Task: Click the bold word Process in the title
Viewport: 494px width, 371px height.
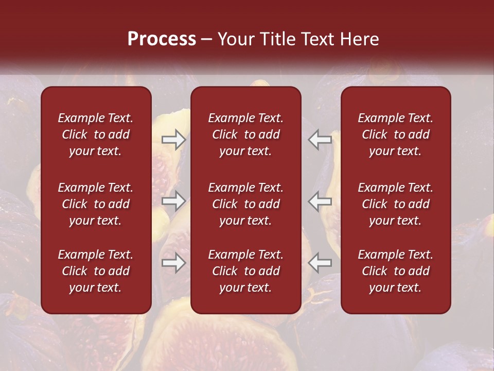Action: click(x=162, y=39)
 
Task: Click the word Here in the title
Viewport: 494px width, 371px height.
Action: click(x=360, y=39)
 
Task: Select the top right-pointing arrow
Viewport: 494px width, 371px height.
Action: click(x=174, y=140)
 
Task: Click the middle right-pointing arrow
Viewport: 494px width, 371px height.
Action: click(x=174, y=201)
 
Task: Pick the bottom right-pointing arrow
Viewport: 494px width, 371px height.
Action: click(x=174, y=263)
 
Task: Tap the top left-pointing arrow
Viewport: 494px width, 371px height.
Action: click(x=320, y=140)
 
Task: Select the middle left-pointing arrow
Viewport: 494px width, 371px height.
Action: click(x=320, y=201)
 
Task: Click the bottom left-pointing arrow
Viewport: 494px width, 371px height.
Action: click(x=320, y=263)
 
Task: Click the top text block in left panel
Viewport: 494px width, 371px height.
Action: click(x=96, y=134)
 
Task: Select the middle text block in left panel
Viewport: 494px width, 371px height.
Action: click(x=96, y=204)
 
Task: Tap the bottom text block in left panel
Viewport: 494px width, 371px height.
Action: click(x=96, y=271)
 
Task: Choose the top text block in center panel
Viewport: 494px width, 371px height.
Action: click(x=245, y=134)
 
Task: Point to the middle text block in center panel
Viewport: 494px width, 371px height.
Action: click(x=245, y=204)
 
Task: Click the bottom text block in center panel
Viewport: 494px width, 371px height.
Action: click(x=245, y=271)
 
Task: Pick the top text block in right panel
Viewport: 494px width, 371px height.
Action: click(x=395, y=134)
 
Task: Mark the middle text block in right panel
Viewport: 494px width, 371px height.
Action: click(x=395, y=204)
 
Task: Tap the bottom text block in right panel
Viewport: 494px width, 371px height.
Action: click(x=395, y=271)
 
